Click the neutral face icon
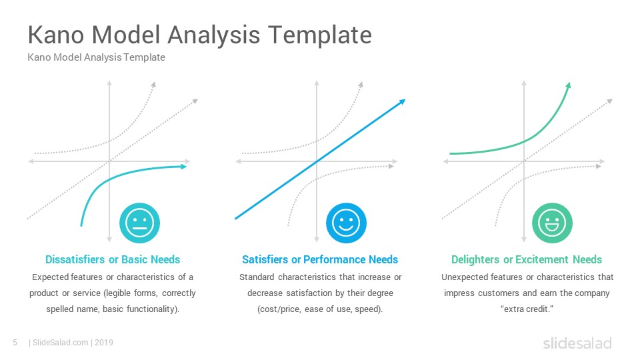[139, 223]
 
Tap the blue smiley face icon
[346, 223]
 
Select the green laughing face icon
[552, 223]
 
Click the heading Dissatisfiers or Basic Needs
[113, 259]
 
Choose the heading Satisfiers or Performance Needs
[320, 259]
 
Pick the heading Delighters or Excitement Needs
[527, 259]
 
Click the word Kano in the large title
[56, 35]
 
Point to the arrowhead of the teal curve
[184, 166]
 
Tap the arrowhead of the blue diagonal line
[402, 101]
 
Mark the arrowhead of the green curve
[568, 85]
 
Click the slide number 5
[15, 343]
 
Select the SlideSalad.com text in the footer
[61, 343]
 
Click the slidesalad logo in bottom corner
[577, 343]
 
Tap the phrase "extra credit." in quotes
[527, 309]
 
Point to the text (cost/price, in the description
[279, 309]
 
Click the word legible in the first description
[119, 293]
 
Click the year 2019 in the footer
[104, 343]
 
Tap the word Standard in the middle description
[257, 277]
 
